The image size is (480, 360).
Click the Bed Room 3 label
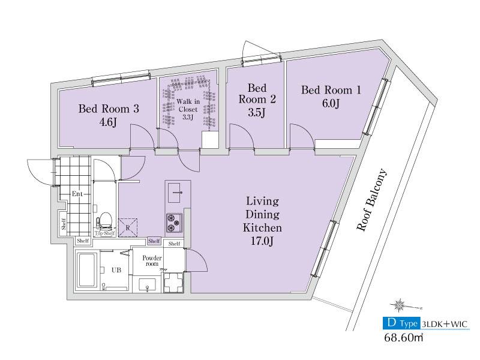(109, 109)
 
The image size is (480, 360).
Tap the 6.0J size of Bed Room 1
(331, 103)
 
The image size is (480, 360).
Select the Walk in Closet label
(188, 106)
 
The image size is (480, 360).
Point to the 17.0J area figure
(262, 241)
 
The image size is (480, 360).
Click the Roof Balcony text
(372, 200)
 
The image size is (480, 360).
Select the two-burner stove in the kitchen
(174, 222)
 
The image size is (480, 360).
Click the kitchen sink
(175, 193)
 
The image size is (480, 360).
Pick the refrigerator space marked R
(128, 227)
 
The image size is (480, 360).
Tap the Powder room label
(152, 261)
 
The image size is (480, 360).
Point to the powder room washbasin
(147, 284)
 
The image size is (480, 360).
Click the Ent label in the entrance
(77, 194)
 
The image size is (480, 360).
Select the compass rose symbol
(399, 305)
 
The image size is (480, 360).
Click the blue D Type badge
(402, 323)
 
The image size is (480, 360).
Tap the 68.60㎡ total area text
(404, 337)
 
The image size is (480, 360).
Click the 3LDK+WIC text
(445, 323)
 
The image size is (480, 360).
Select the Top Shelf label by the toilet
(104, 233)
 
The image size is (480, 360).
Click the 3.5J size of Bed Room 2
(257, 112)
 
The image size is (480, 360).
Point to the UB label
(116, 270)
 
